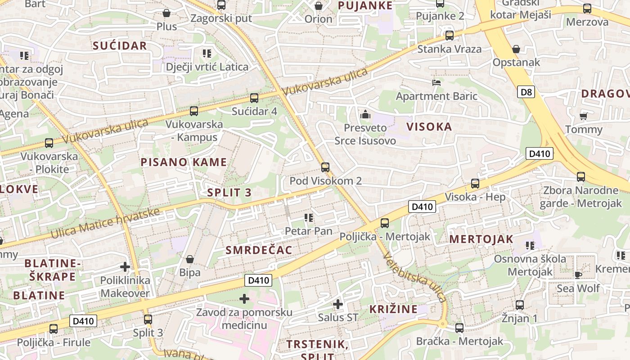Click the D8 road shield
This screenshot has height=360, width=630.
click(x=526, y=92)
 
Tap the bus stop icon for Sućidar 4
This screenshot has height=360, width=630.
click(x=254, y=98)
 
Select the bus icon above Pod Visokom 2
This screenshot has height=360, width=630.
click(x=325, y=167)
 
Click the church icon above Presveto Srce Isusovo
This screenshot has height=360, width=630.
click(x=365, y=115)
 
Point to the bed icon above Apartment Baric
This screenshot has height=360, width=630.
click(x=436, y=83)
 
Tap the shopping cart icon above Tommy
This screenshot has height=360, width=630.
click(x=584, y=116)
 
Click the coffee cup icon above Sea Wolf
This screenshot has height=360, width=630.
click(x=578, y=274)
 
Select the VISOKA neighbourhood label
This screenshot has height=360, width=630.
click(x=429, y=127)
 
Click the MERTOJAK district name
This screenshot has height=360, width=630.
click(x=481, y=239)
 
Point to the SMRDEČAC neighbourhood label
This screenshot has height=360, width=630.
click(x=259, y=250)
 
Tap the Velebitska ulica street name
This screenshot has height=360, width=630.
click(x=415, y=277)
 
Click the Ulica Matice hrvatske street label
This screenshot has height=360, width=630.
click(x=105, y=223)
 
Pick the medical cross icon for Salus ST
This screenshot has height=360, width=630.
click(x=338, y=304)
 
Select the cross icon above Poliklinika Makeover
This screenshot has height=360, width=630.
click(x=125, y=267)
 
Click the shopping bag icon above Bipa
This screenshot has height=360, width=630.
click(x=190, y=259)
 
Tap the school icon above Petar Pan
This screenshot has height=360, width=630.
click(x=309, y=218)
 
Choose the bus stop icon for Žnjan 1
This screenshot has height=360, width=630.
click(x=520, y=305)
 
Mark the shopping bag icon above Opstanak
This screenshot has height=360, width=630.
click(x=516, y=49)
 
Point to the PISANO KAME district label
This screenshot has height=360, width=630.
click(x=184, y=162)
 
